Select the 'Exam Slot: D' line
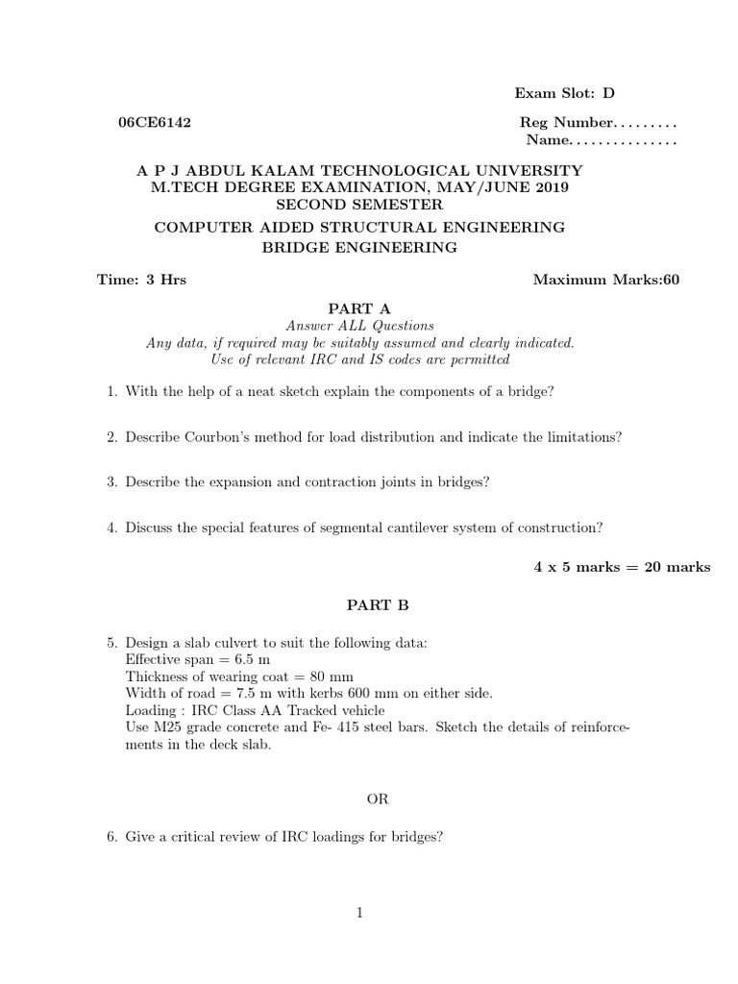pyautogui.click(x=564, y=93)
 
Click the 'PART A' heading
pyautogui.click(x=359, y=308)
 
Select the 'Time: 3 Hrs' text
pyautogui.click(x=141, y=281)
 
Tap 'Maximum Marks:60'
pyautogui.click(x=605, y=281)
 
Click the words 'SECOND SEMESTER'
pyautogui.click(x=359, y=205)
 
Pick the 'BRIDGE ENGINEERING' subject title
pyautogui.click(x=359, y=248)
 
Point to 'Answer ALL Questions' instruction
pyautogui.click(x=359, y=326)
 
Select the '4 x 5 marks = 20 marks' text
pyautogui.click(x=622, y=567)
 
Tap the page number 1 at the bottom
pyautogui.click(x=359, y=914)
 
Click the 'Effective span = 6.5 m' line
pyautogui.click(x=198, y=659)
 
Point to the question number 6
pyautogui.click(x=111, y=837)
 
